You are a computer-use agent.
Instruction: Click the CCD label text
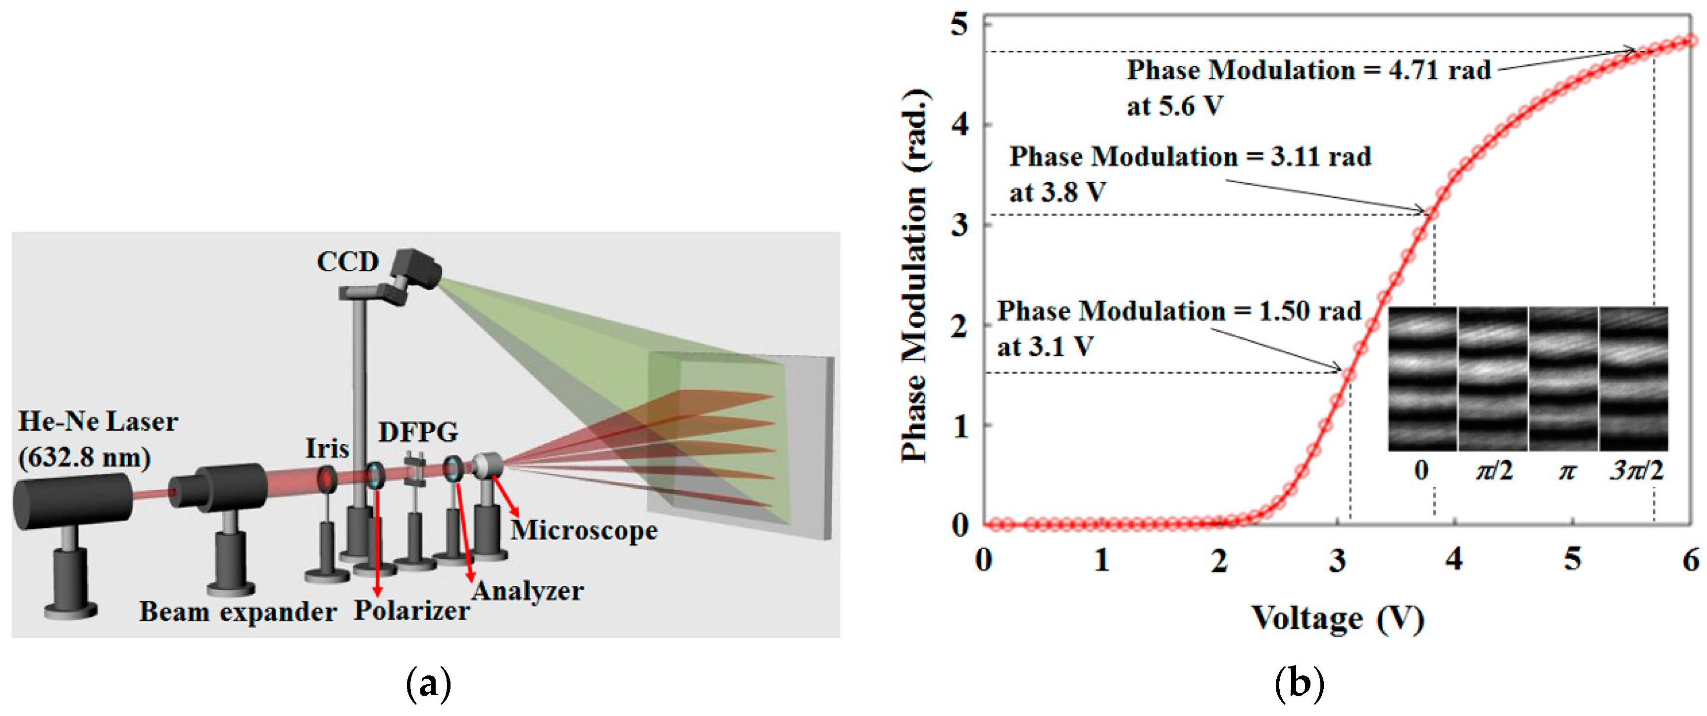(347, 262)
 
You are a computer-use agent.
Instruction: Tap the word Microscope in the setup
(584, 530)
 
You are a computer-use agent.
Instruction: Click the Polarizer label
(411, 611)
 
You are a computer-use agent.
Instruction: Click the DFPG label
(417, 432)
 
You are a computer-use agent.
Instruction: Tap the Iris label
(327, 449)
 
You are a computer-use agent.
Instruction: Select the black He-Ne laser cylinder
(73, 501)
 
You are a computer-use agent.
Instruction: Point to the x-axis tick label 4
(1454, 560)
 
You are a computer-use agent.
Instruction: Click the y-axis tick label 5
(959, 25)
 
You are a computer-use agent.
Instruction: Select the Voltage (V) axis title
(1337, 618)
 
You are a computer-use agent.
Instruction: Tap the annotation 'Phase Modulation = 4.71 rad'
(1309, 70)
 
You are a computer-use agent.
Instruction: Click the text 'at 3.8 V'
(1057, 192)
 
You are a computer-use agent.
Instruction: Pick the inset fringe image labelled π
(1563, 379)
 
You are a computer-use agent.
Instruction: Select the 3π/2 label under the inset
(1637, 471)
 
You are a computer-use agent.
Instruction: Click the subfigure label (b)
(1299, 683)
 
